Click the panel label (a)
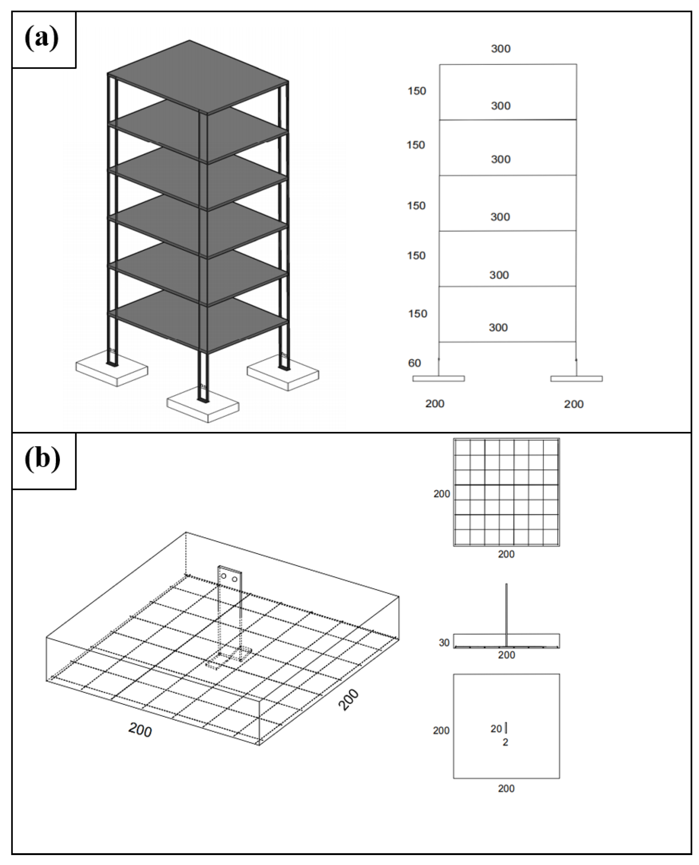click(x=42, y=39)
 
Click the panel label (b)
click(x=43, y=460)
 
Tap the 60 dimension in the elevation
click(x=414, y=363)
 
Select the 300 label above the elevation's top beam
click(x=501, y=49)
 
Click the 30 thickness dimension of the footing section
click(x=444, y=643)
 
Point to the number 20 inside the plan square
click(x=496, y=729)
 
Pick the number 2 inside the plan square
click(x=505, y=742)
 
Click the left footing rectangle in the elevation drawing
click(x=439, y=379)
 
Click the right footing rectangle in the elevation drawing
click(x=576, y=379)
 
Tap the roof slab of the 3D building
click(x=197, y=77)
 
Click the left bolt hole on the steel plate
click(x=224, y=576)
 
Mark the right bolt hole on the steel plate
click(x=234, y=579)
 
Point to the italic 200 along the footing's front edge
click(x=140, y=730)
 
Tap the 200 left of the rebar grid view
click(x=442, y=494)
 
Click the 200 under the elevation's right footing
click(x=573, y=404)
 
